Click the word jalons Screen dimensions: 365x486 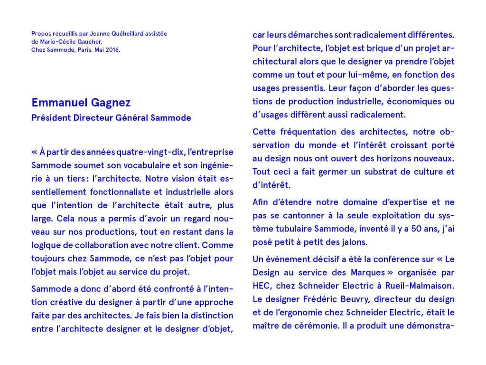point(354,242)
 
